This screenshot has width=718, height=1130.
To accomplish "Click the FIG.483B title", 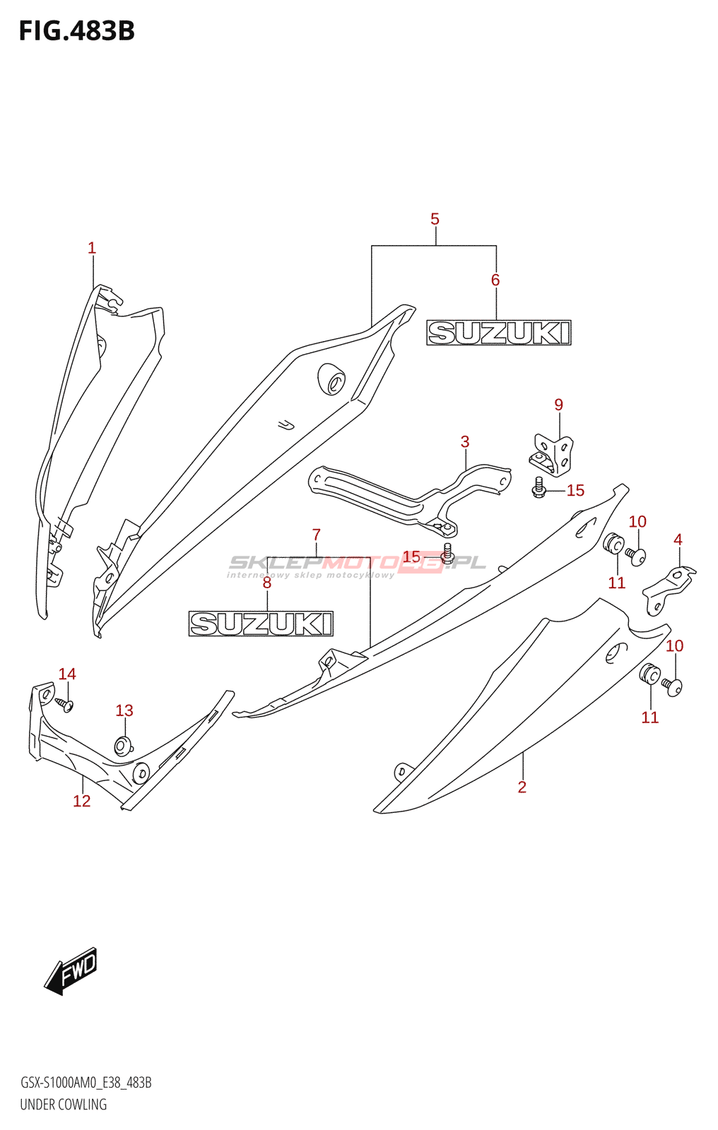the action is coord(77,31).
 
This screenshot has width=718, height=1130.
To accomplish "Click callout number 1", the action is coord(91,248).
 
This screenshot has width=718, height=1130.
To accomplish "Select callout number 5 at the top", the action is coord(435,219).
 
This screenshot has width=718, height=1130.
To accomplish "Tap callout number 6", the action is coord(495,280).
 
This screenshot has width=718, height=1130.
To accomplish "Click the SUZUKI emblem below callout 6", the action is coord(499,333).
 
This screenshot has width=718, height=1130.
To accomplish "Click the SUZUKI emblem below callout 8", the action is coord(261,624).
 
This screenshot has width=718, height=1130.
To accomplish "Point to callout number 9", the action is coord(558,405).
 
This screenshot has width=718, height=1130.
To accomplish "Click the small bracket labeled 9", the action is coord(551,455).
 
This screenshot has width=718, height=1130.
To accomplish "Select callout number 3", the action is coord(465,442).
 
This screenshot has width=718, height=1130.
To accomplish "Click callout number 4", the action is coord(678,540).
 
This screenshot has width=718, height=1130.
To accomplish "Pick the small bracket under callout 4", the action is coord(669,590).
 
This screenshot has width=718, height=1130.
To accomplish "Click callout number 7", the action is coord(317,534).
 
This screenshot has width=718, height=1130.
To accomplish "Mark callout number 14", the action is coord(67,674).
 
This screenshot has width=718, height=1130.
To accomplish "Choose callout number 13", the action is coord(124,710).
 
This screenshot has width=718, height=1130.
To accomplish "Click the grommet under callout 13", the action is coord(123,746).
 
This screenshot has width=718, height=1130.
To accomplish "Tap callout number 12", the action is coord(82,801).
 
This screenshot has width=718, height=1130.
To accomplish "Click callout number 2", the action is coord(522,787).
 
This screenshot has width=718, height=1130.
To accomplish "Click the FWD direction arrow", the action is coord(70,971).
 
